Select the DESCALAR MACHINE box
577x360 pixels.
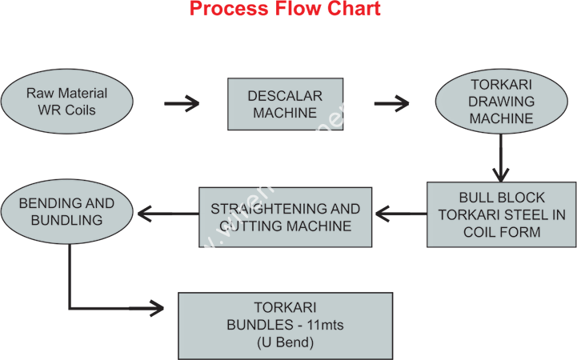[285, 103]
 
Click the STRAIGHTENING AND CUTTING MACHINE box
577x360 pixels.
[285, 217]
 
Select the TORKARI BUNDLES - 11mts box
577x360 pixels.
[285, 325]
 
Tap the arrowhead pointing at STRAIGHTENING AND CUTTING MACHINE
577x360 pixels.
[383, 214]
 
